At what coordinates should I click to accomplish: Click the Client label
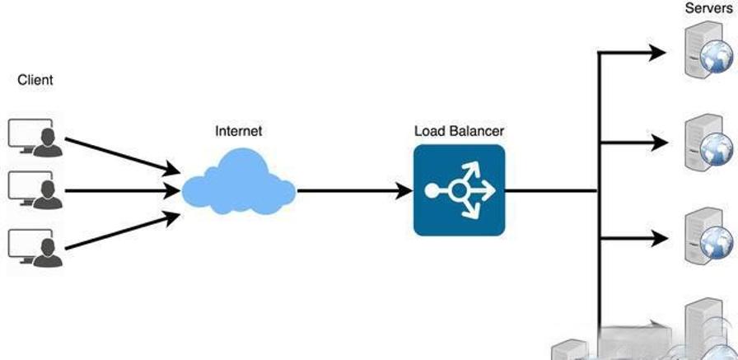(35, 80)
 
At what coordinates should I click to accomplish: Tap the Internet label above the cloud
(240, 130)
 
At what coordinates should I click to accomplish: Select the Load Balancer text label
(459, 130)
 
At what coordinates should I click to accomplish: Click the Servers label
(708, 8)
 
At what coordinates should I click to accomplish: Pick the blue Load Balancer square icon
(459, 190)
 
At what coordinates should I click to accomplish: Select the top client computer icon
(33, 137)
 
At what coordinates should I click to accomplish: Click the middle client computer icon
(33, 189)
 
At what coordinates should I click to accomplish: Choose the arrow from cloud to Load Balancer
(354, 191)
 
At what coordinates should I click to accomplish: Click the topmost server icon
(708, 52)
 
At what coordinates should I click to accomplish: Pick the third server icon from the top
(708, 237)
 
